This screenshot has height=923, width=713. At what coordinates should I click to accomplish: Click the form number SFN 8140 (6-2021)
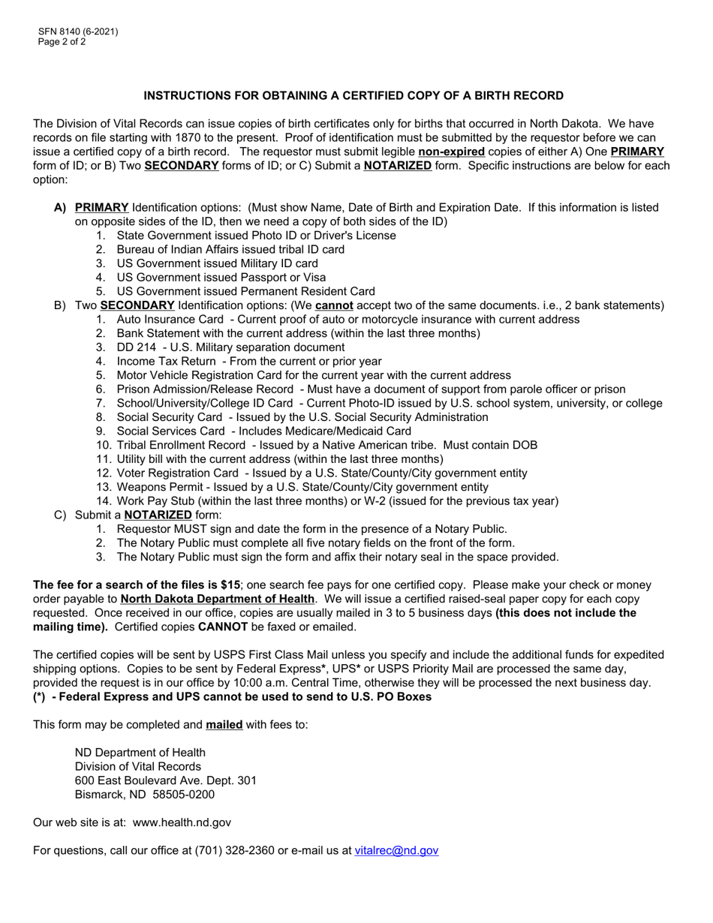click(79, 32)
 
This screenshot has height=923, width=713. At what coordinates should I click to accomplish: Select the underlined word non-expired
click(451, 152)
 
